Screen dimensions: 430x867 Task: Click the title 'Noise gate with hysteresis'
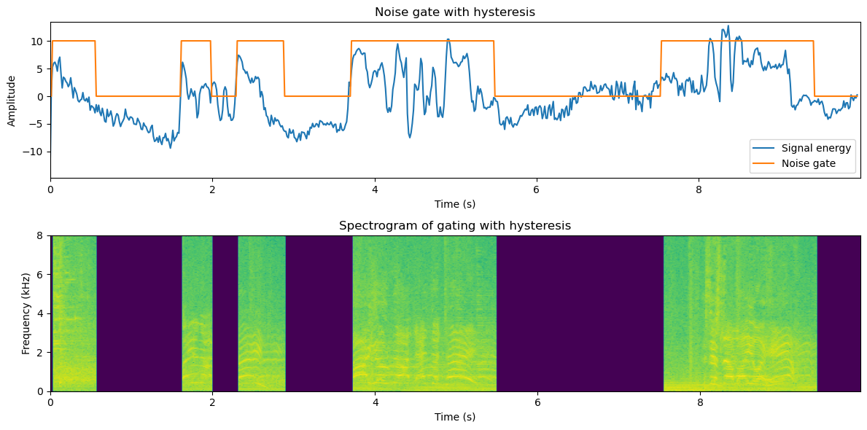click(x=454, y=12)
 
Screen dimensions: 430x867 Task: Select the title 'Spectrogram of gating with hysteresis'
click(x=454, y=226)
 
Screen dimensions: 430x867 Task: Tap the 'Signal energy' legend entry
click(x=816, y=149)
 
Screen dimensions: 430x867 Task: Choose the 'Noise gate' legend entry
click(x=809, y=164)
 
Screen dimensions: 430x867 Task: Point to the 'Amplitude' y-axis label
click(x=12, y=99)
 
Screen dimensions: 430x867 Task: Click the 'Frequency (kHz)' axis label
click(x=26, y=313)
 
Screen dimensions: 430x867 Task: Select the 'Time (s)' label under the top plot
click(x=454, y=204)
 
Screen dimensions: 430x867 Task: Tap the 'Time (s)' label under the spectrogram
click(x=454, y=417)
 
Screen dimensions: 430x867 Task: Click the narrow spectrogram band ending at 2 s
click(x=197, y=313)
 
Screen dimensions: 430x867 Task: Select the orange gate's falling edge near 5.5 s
click(x=494, y=69)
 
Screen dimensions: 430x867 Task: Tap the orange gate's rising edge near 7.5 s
click(x=661, y=69)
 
